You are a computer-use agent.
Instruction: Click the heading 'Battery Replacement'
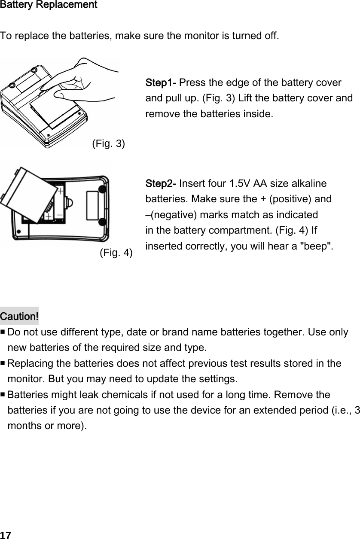[49, 5]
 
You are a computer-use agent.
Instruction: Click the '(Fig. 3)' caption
[109, 143]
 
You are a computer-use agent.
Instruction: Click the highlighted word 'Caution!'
[19, 317]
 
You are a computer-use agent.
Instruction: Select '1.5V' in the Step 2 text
[238, 184]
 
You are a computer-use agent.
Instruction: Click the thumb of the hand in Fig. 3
[69, 91]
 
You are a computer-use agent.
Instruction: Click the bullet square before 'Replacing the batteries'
[3, 364]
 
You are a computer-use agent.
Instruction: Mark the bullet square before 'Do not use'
[3, 332]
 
